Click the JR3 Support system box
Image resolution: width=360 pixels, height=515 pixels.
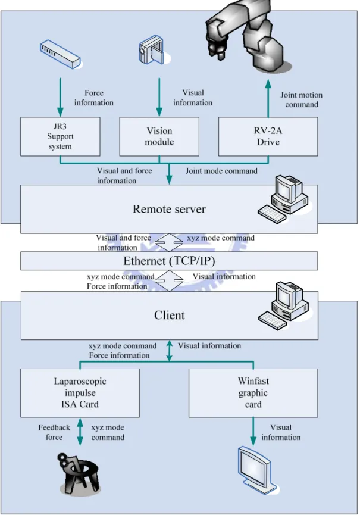click(60, 136)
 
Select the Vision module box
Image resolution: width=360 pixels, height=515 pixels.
click(159, 136)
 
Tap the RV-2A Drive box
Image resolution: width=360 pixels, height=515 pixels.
click(268, 136)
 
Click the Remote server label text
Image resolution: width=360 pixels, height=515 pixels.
click(170, 209)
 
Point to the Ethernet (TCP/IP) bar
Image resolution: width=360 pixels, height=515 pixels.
click(169, 261)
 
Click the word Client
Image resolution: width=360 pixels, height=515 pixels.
click(170, 315)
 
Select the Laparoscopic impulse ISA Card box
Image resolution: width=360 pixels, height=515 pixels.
click(80, 393)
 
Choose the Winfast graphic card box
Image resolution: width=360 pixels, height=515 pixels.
click(253, 393)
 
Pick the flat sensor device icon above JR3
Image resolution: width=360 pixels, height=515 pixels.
click(60, 54)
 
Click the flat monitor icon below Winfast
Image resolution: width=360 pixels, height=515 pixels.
click(256, 470)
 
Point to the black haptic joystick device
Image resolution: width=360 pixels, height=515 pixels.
click(78, 472)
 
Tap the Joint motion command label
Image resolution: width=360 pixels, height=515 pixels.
click(301, 99)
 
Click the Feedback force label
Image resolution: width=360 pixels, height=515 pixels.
click(54, 432)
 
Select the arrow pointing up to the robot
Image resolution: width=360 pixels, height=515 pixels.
click(268, 98)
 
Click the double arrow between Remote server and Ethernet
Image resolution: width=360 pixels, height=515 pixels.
click(169, 242)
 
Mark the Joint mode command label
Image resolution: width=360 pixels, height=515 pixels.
click(221, 171)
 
